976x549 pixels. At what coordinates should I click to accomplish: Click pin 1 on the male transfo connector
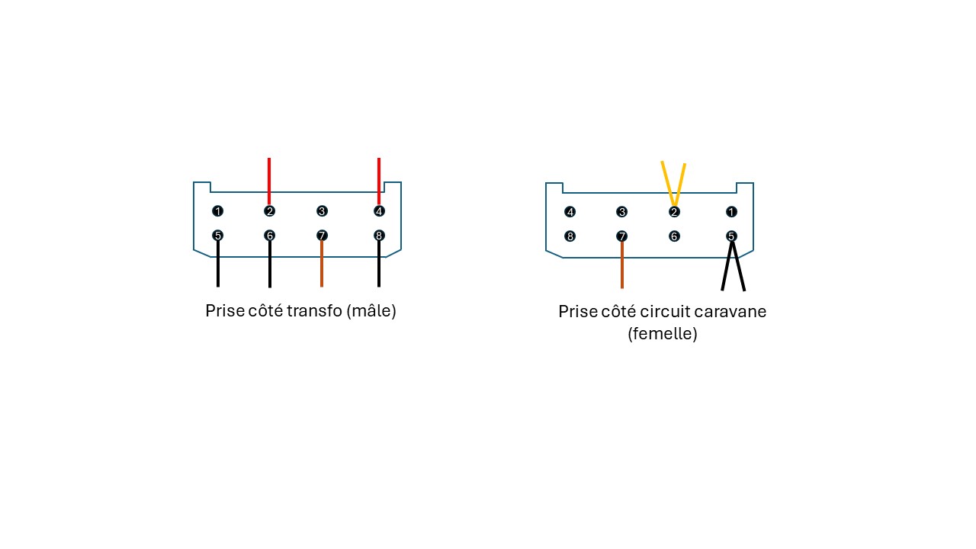pos(218,211)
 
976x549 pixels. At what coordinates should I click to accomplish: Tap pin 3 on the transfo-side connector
pos(322,211)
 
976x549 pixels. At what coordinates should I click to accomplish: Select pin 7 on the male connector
pos(322,236)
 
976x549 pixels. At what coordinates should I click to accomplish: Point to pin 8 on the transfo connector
pos(379,236)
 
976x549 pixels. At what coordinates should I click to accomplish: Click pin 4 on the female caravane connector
pos(570,212)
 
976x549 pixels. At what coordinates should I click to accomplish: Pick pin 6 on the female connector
pos(674,236)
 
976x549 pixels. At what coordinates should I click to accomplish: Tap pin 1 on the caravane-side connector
pos(732,212)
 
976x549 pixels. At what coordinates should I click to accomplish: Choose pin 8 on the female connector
pos(570,236)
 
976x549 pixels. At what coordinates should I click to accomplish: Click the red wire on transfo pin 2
pos(269,179)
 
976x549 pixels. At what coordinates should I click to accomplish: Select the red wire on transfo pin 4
pos(379,179)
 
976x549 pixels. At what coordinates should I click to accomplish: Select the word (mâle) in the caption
pos(371,311)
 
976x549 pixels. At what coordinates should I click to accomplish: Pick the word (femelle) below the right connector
pos(663,334)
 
